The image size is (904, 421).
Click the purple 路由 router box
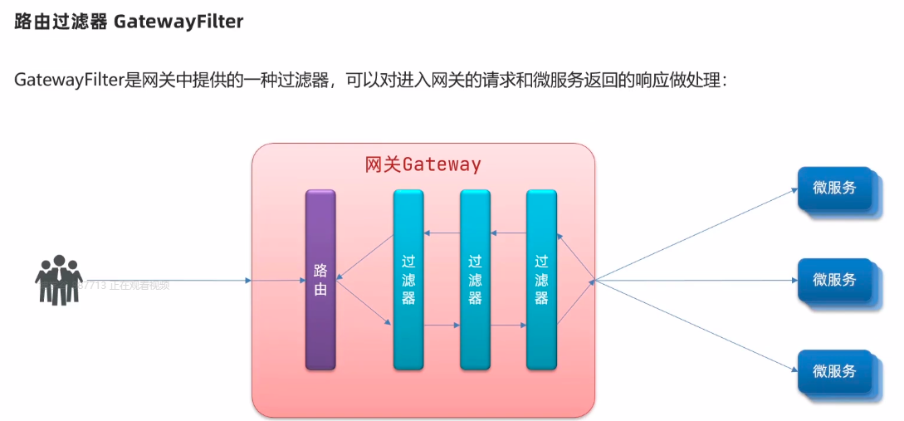[320, 280]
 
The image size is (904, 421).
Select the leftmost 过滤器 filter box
[408, 280]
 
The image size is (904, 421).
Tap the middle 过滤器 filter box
[475, 280]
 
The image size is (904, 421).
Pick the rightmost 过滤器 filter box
[541, 280]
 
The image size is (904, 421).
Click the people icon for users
[58, 280]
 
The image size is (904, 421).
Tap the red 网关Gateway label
[423, 164]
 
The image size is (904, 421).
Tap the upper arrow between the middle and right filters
[508, 234]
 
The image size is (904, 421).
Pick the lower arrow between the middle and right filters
[508, 326]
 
